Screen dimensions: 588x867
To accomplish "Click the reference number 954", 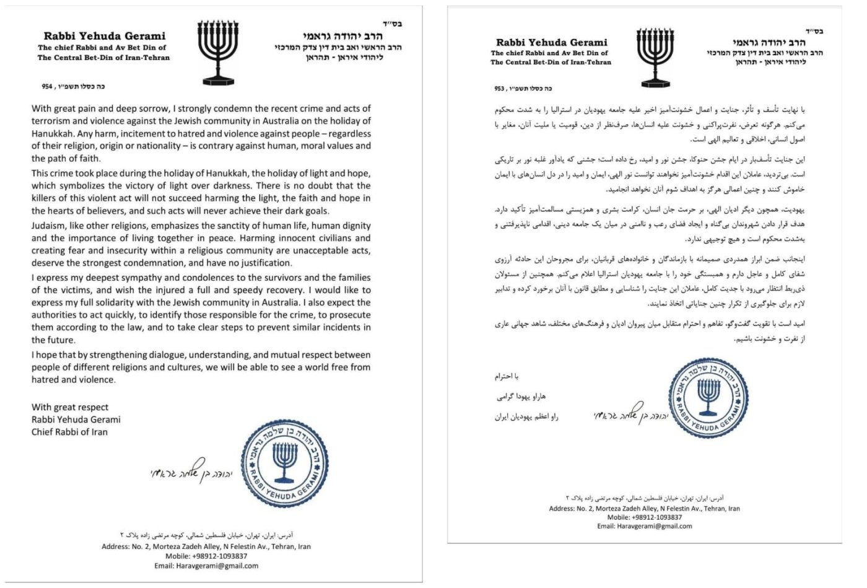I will coord(47,87).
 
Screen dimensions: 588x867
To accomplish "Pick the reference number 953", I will coord(500,88).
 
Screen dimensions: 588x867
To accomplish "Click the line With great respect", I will coord(70,407).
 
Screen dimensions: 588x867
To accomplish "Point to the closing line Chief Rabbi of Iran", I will coord(69,432).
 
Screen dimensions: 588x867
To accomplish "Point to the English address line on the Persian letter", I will coord(644,508).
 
